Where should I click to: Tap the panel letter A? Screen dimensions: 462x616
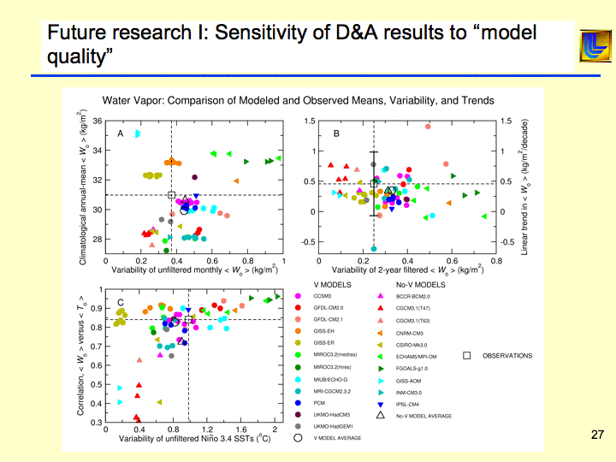(x=121, y=133)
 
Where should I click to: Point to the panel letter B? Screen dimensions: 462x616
(x=337, y=133)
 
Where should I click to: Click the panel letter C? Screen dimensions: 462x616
(x=121, y=302)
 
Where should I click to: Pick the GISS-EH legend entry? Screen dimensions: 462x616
(x=329, y=329)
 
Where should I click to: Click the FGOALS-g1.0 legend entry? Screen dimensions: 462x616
(x=414, y=366)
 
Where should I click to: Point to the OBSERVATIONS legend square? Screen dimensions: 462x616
(x=466, y=355)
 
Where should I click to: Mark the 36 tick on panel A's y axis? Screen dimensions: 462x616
(x=97, y=121)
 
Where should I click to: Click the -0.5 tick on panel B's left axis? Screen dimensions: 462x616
(x=310, y=241)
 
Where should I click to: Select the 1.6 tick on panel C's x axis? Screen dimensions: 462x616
(x=241, y=429)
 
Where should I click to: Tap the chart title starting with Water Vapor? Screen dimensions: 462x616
(x=298, y=100)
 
